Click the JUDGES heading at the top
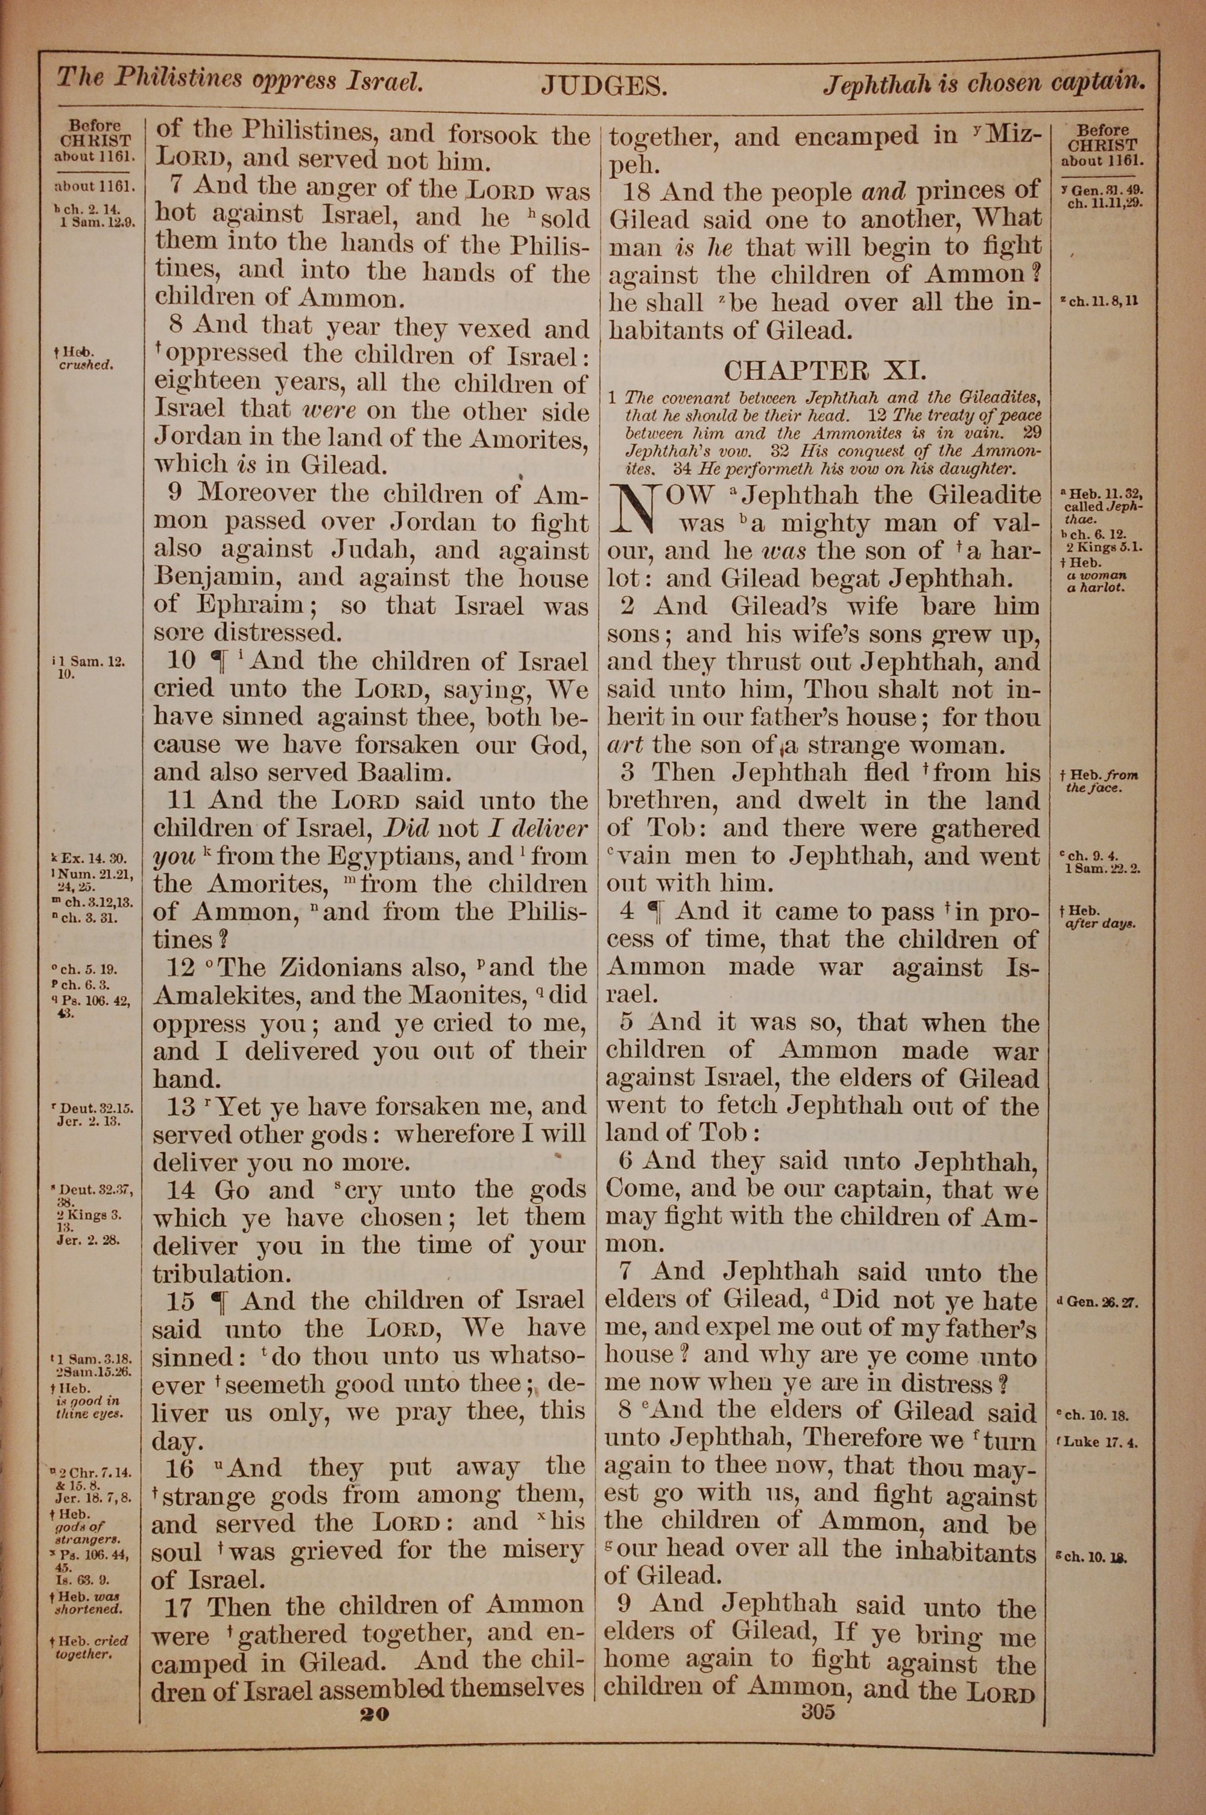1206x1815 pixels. (x=603, y=86)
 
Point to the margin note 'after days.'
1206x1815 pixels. (x=1100, y=924)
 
